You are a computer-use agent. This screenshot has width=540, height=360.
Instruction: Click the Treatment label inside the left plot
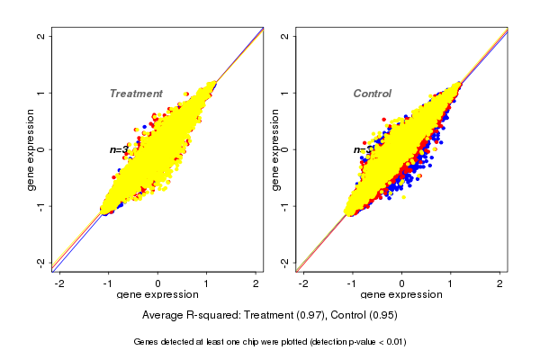tap(136, 94)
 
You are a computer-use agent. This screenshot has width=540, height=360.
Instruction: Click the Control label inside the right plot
tap(372, 94)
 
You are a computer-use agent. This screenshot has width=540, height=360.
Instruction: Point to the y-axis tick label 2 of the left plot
tap(41, 36)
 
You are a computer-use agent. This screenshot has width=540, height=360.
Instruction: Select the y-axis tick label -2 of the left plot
tap(41, 262)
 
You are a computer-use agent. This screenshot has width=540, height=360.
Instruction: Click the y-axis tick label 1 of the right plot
tap(285, 93)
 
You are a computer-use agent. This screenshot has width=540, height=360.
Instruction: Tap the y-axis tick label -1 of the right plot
tap(285, 206)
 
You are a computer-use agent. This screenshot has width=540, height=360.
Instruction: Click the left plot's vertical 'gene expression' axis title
tap(31, 149)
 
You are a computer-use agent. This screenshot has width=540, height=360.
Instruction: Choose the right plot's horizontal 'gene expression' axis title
tap(401, 295)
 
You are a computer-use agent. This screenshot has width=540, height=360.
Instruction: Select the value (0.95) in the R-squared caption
tap(380, 315)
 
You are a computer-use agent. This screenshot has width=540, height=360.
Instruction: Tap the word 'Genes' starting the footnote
tap(147, 342)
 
